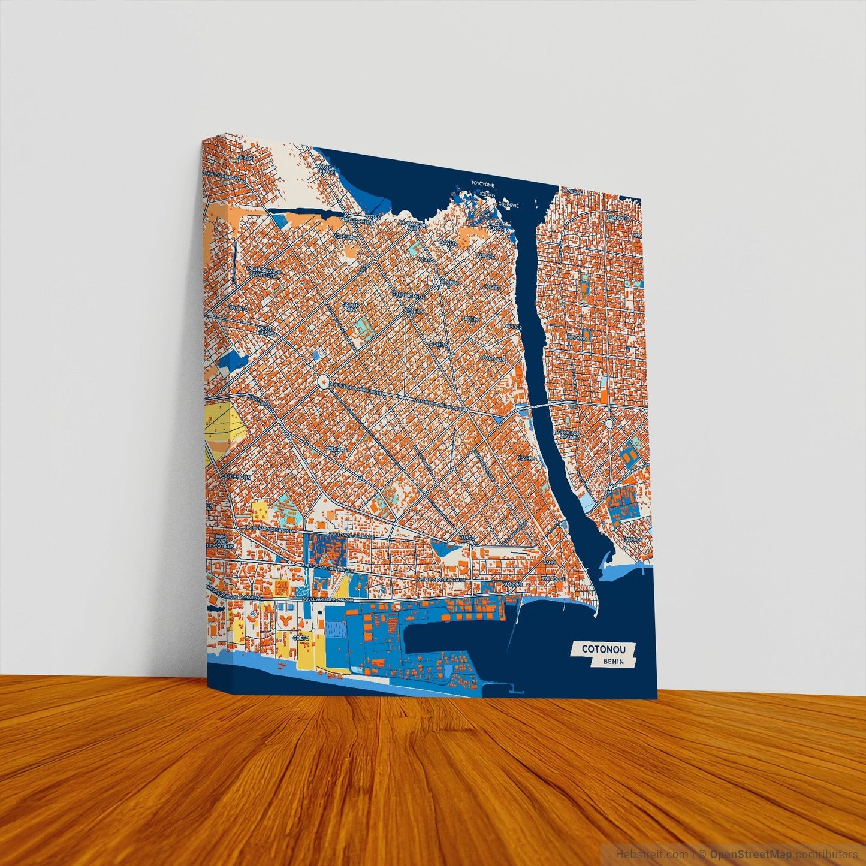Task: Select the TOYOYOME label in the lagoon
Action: (x=482, y=183)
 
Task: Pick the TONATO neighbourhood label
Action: (x=237, y=307)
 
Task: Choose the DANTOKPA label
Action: (x=494, y=359)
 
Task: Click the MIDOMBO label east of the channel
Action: (x=577, y=337)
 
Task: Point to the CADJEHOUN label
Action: (x=235, y=476)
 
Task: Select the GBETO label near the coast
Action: (x=301, y=639)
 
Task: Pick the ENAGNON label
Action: (x=632, y=539)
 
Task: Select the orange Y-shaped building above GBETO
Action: (x=286, y=618)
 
